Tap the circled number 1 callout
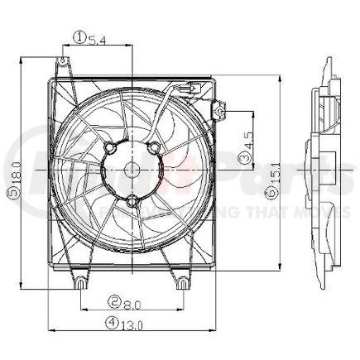pos(79,37)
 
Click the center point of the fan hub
pos(132,170)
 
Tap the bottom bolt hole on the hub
pos(132,200)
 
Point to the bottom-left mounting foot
pos(79,283)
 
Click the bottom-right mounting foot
pos(180,282)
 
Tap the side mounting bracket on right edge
pos(220,107)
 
